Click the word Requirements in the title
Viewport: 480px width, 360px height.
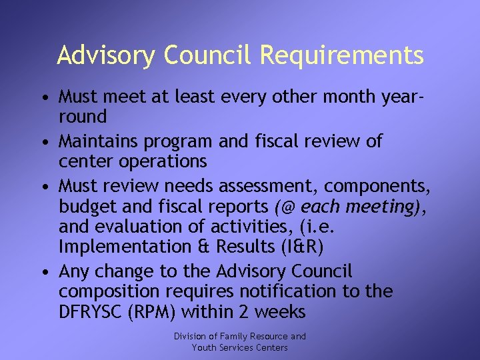coord(341,55)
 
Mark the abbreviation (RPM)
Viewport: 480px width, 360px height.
coord(172,311)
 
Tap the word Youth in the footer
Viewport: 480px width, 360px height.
coord(205,347)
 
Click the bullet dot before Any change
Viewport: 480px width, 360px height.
coord(43,272)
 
